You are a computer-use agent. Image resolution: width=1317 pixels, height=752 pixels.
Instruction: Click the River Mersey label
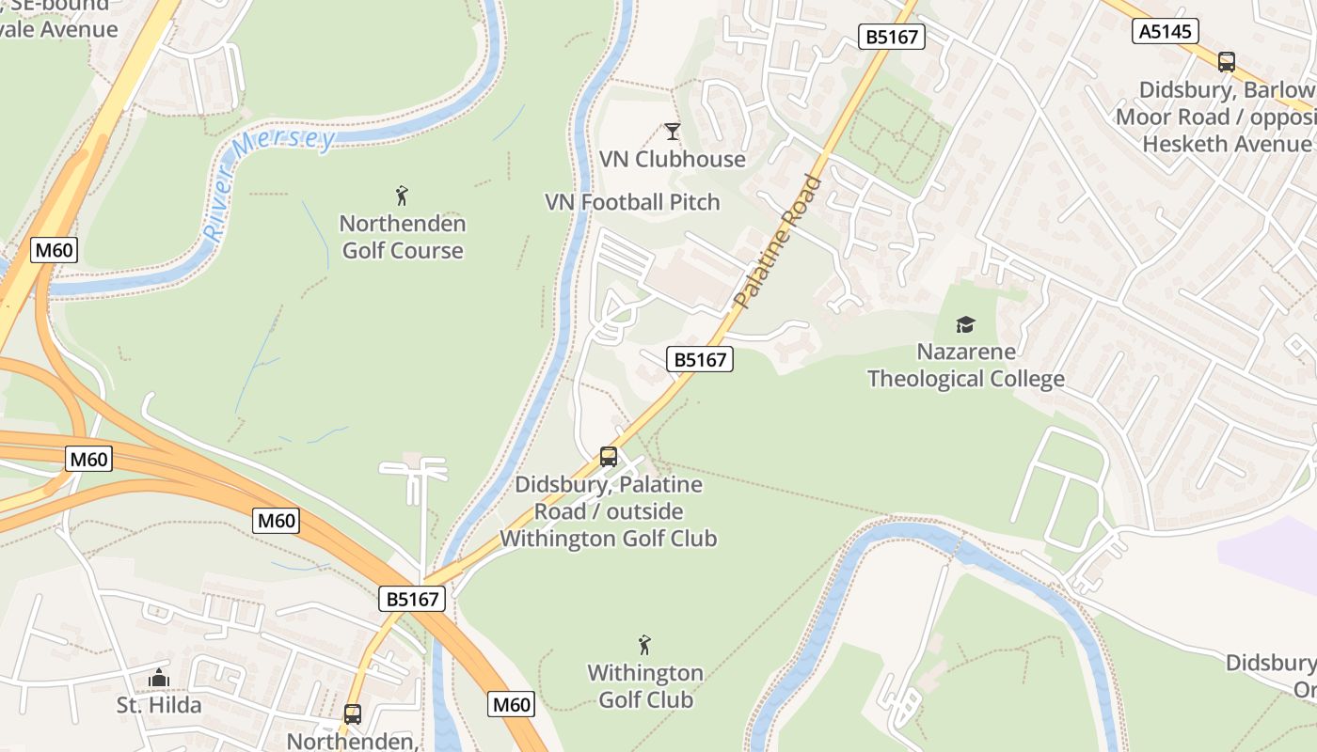coord(270,184)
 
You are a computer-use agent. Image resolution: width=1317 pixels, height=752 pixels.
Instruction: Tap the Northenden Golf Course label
coord(403,237)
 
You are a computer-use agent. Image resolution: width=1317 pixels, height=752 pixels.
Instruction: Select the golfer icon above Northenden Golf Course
coord(403,196)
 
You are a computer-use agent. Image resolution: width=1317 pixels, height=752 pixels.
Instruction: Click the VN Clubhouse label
coord(673,159)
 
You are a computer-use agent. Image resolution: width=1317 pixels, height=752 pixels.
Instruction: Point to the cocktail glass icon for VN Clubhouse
coord(672,131)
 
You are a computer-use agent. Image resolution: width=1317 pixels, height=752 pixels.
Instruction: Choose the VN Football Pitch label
coord(632,202)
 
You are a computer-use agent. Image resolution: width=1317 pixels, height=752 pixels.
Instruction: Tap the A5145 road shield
coord(1165,31)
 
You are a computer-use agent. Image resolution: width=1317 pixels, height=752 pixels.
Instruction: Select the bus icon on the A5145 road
coord(1226,62)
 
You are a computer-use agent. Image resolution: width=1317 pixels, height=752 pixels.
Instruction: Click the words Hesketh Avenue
coord(1227,144)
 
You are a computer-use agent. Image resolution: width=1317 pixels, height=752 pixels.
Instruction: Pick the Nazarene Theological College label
coord(966,366)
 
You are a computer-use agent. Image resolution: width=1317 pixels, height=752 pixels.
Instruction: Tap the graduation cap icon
coord(966,325)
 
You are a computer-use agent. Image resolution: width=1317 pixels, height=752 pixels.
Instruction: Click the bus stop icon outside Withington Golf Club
coord(609,457)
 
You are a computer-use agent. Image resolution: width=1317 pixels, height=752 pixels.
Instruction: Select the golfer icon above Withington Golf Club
coord(644,645)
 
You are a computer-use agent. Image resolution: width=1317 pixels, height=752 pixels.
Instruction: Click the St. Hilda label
coord(159,705)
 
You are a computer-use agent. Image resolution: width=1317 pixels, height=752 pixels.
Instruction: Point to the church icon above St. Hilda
coord(159,678)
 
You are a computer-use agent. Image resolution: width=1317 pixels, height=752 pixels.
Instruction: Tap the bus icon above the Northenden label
coord(352,714)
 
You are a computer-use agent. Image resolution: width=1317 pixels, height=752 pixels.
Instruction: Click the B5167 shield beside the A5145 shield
coord(892,37)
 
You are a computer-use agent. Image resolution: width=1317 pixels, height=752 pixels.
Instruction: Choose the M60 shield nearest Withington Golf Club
coord(512,704)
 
